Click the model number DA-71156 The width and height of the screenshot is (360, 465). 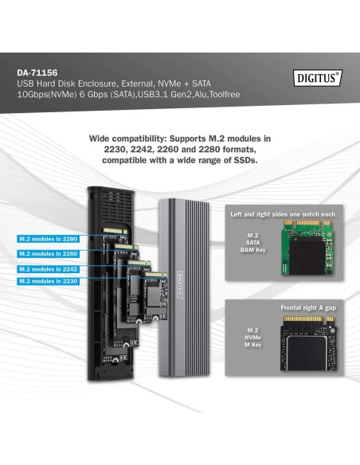point(38,72)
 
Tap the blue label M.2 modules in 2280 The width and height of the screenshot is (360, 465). point(49,239)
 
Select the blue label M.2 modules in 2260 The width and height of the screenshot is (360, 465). point(49,254)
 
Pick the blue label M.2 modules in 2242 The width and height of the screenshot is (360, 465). point(49,268)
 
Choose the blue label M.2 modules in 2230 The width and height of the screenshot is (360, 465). point(49,281)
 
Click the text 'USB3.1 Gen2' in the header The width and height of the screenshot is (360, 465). point(170,94)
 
